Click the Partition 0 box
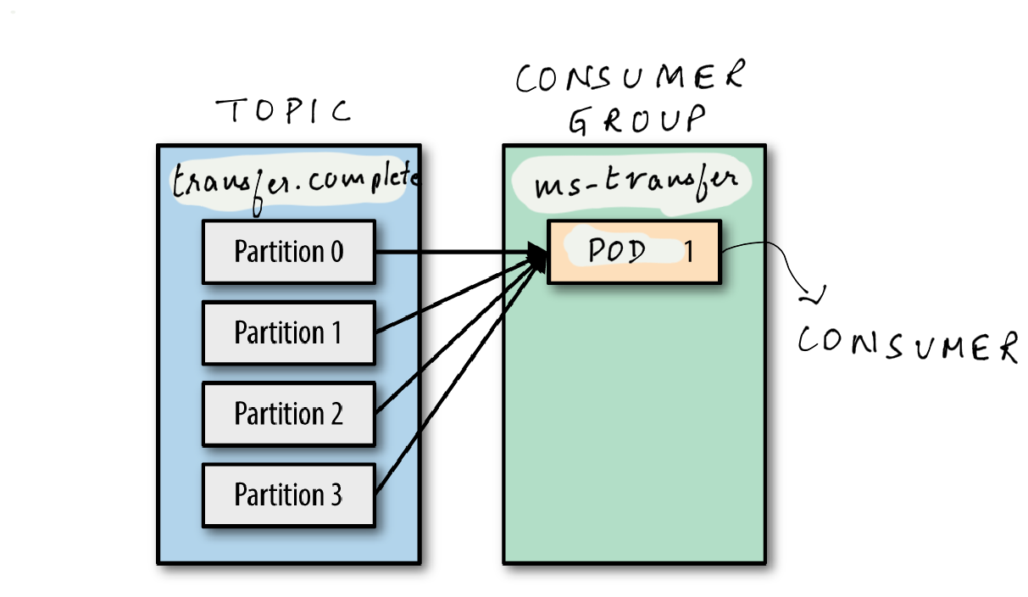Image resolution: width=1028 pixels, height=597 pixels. point(288,252)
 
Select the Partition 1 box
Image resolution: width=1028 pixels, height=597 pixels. point(288,332)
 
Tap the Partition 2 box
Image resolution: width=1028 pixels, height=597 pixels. point(288,414)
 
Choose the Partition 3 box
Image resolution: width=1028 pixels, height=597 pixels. point(288,494)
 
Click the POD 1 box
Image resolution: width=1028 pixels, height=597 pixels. point(634,252)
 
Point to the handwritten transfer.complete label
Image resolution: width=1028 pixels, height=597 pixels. point(295,180)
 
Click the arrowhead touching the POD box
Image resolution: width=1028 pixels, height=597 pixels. point(537,253)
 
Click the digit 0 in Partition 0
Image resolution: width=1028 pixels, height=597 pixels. point(336,252)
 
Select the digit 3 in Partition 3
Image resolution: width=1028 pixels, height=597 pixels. point(336,494)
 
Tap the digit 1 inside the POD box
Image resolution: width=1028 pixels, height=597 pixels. point(688,252)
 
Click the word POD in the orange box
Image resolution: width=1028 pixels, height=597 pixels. point(616,251)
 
